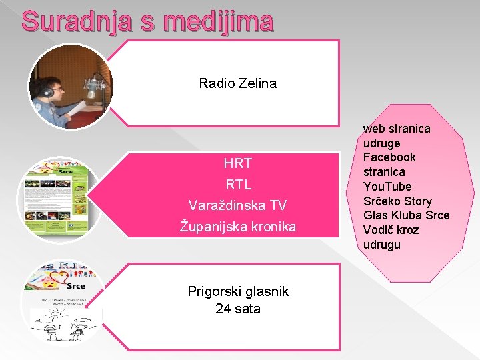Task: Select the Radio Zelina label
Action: [x=237, y=83]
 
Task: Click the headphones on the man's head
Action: [x=47, y=90]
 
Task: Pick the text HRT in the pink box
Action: [x=237, y=163]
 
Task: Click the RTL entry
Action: [x=237, y=184]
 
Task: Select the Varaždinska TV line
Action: [x=237, y=205]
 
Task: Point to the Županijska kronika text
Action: [x=237, y=227]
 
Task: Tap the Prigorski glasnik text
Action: [x=237, y=291]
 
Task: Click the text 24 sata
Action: [x=237, y=309]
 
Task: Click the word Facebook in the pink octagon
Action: [x=389, y=157]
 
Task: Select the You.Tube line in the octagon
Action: [x=387, y=187]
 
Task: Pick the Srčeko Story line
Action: [x=397, y=201]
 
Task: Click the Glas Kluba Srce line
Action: [x=406, y=215]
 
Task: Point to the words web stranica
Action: [x=397, y=128]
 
